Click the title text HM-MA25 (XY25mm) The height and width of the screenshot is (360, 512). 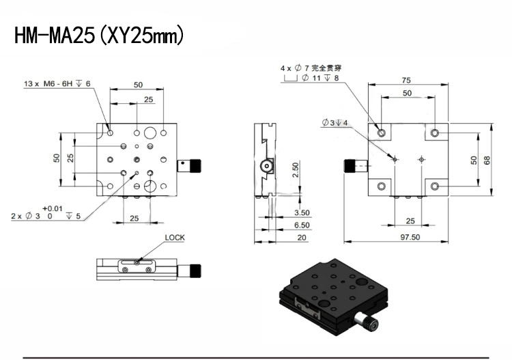tap(99, 36)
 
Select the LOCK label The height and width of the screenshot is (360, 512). tap(175, 238)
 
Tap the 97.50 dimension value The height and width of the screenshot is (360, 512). tap(410, 237)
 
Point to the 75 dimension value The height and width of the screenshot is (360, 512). tap(406, 80)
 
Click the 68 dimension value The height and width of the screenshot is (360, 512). tap(487, 160)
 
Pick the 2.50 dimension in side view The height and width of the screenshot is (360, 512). tap(296, 170)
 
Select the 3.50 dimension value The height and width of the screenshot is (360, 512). tap(302, 212)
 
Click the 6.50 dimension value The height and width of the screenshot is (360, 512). tap(302, 225)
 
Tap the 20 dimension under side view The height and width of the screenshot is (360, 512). tap(302, 238)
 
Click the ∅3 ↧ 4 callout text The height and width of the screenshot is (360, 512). tap(335, 123)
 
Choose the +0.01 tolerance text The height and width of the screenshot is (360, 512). tap(53, 208)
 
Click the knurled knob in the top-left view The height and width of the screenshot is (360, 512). tap(196, 165)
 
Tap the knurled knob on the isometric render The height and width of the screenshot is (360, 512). tap(371, 324)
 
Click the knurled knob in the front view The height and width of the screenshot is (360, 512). tap(196, 271)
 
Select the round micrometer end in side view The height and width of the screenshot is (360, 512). tap(267, 166)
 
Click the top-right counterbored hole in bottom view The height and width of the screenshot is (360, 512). tap(434, 133)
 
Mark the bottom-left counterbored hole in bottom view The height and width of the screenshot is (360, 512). tap(382, 186)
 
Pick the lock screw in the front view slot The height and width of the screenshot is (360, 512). tap(137, 262)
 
